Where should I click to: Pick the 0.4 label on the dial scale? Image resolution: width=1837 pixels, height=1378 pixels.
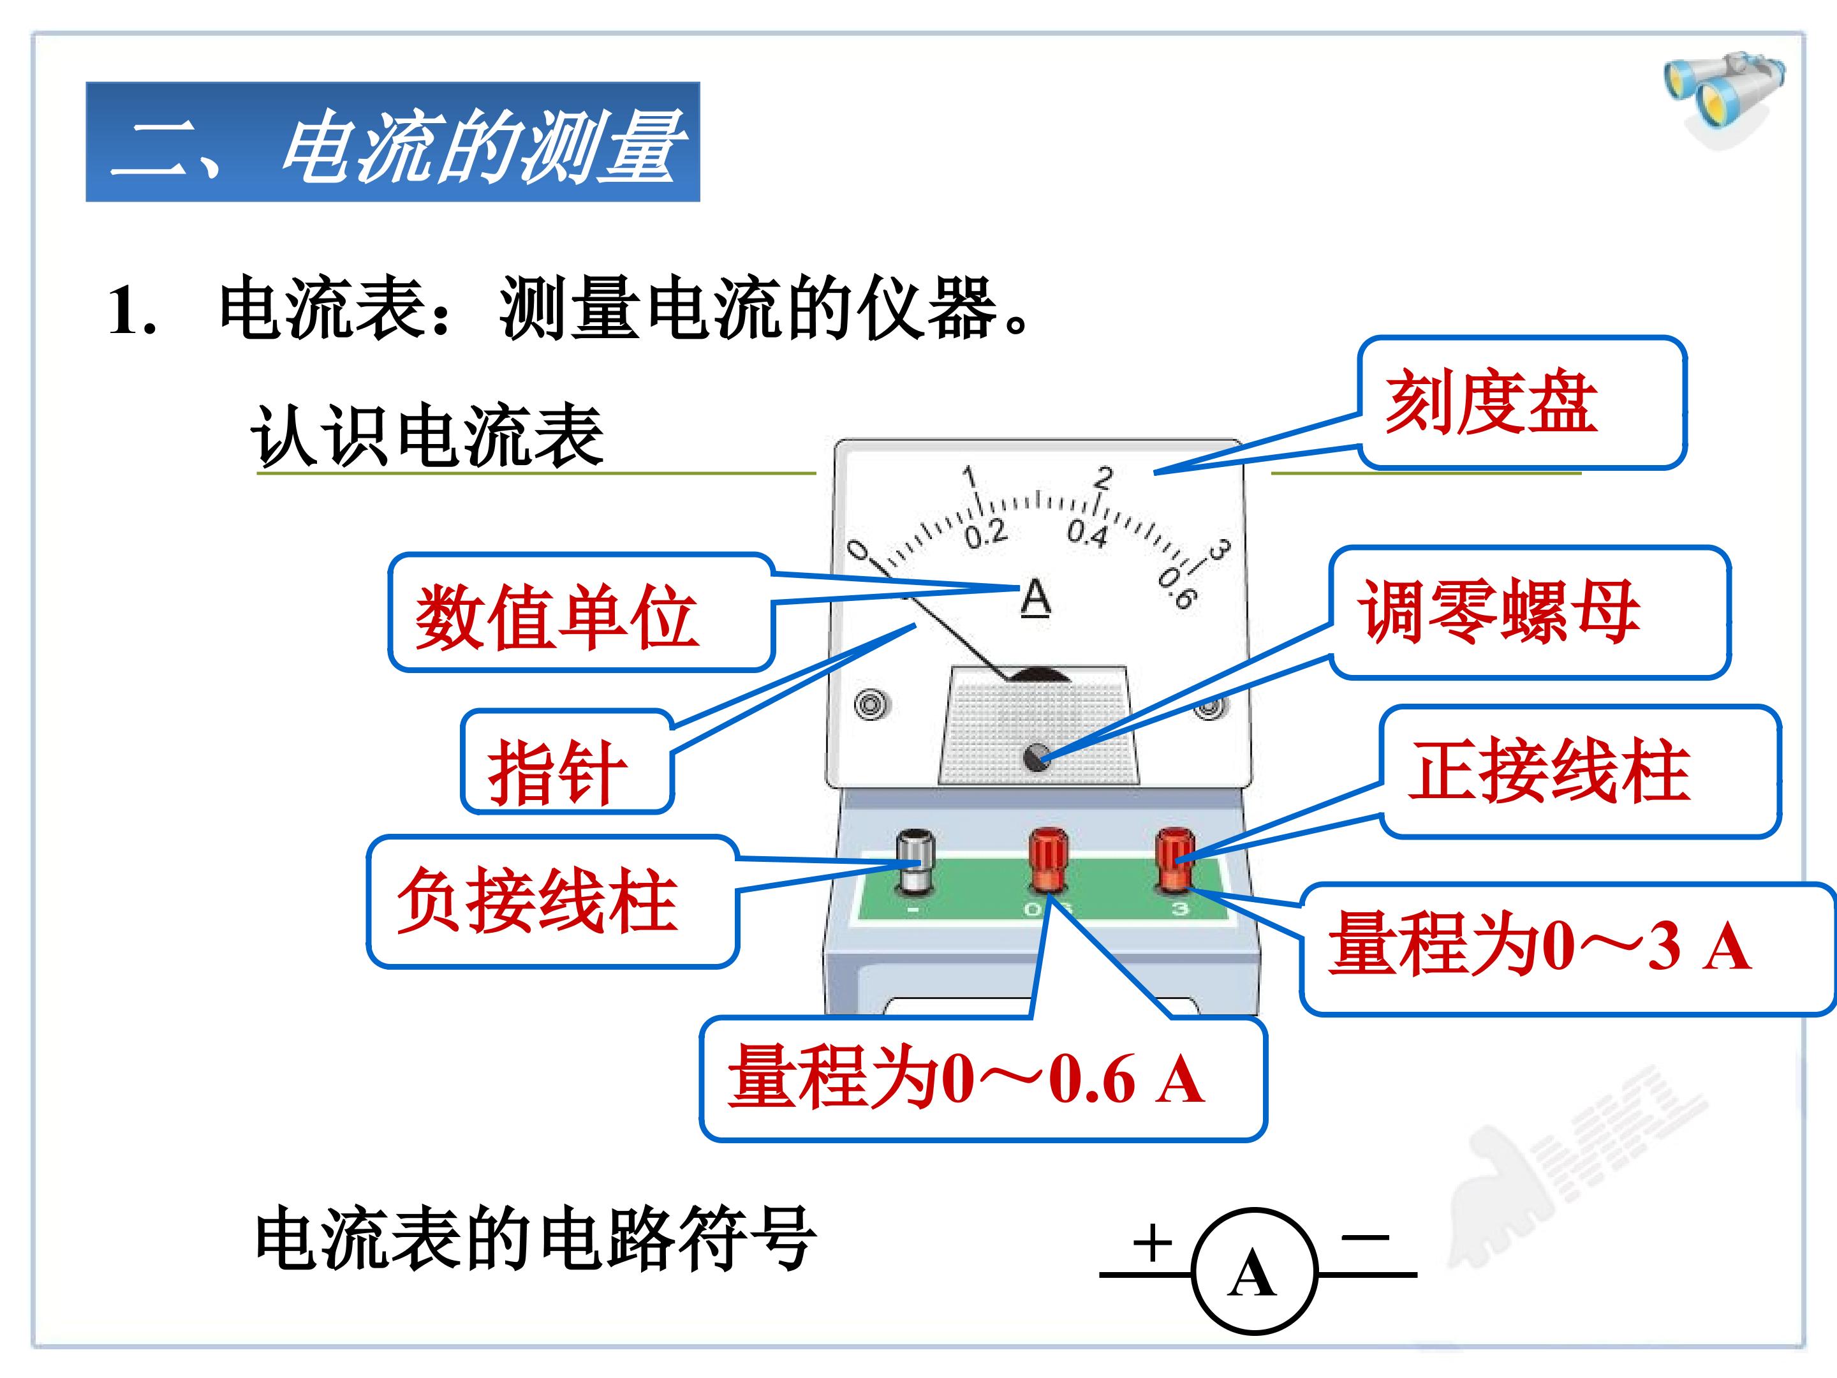click(1088, 533)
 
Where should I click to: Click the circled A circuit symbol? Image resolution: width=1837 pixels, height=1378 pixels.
click(1254, 1273)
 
